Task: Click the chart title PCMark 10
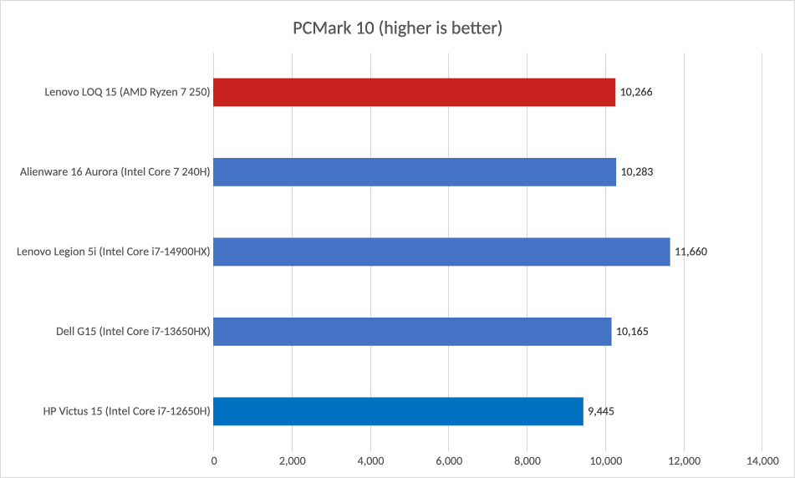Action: click(x=397, y=28)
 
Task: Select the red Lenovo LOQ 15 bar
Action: click(x=415, y=92)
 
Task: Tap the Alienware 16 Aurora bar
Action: click(x=415, y=171)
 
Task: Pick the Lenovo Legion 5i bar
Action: click(x=441, y=252)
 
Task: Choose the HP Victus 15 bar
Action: click(x=398, y=410)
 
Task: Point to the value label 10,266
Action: click(x=636, y=92)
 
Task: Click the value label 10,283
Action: click(x=637, y=171)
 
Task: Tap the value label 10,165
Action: click(x=632, y=331)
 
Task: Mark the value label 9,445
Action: click(x=601, y=410)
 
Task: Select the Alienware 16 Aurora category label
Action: click(x=115, y=171)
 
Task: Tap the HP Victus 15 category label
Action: click(x=125, y=410)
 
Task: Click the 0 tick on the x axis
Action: click(x=214, y=460)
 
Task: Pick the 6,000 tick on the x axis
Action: click(x=449, y=460)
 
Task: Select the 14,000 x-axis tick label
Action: click(x=762, y=460)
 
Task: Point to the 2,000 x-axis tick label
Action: click(x=292, y=460)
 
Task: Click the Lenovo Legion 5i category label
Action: click(x=112, y=252)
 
